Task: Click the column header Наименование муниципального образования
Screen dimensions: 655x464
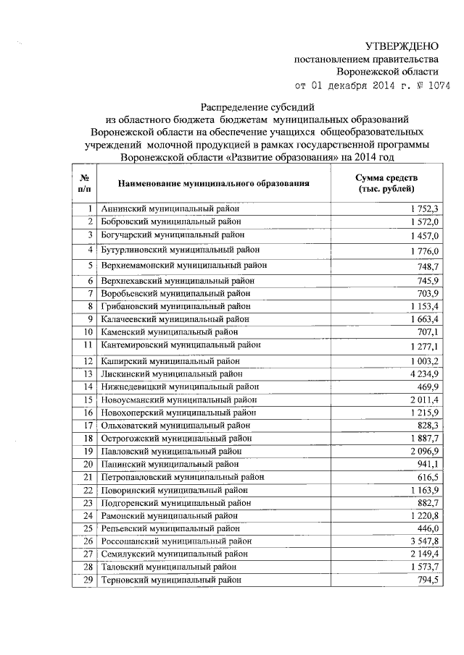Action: [x=214, y=183]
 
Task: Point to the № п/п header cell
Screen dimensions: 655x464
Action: [x=84, y=183]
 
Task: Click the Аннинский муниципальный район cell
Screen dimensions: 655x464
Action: [x=170, y=208]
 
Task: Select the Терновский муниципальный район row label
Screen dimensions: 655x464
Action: [x=171, y=580]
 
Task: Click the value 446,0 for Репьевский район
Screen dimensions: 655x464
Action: [x=428, y=528]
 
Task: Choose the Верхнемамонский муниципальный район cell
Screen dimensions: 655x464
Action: [x=184, y=266]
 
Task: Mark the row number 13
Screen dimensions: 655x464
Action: [x=88, y=374]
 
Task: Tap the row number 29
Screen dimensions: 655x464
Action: [x=88, y=580]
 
